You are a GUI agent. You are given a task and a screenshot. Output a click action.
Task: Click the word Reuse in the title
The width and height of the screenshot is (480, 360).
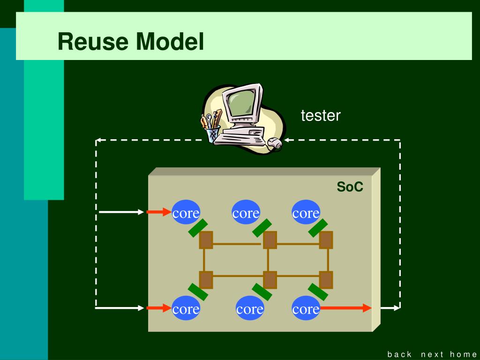(93, 42)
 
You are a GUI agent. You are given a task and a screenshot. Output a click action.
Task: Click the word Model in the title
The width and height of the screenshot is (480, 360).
(170, 42)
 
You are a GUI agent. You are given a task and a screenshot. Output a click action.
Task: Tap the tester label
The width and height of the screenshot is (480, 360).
(321, 115)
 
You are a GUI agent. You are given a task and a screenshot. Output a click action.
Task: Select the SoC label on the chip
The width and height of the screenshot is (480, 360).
(350, 187)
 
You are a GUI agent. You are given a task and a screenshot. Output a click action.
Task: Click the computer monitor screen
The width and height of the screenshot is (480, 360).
(242, 103)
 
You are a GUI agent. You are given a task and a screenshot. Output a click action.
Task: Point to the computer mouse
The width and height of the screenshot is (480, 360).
(275, 142)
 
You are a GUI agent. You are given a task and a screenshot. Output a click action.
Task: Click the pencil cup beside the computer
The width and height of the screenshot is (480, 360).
(212, 135)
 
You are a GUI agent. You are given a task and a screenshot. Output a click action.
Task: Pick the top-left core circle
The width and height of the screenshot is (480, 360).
(186, 212)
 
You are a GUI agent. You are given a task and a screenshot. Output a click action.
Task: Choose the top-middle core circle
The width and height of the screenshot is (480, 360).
(246, 212)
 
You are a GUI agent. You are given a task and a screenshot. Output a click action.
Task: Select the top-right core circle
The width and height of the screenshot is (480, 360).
(306, 212)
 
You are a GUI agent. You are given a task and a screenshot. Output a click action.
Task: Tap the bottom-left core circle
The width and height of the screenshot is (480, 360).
(186, 308)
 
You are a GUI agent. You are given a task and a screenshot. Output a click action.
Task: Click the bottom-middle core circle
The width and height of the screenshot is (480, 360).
(250, 308)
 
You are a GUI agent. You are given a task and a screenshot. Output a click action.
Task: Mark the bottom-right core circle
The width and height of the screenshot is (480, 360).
(306, 308)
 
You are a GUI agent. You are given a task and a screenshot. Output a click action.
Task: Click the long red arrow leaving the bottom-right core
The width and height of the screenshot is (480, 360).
(345, 308)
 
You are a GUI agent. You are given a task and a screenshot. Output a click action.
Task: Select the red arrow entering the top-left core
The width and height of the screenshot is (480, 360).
(159, 212)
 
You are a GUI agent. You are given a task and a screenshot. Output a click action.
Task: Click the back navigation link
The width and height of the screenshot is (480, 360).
(399, 354)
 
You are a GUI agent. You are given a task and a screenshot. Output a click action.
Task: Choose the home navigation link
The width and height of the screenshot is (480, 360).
(463, 354)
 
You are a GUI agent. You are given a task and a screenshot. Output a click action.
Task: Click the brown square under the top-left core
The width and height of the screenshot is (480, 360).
(206, 240)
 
